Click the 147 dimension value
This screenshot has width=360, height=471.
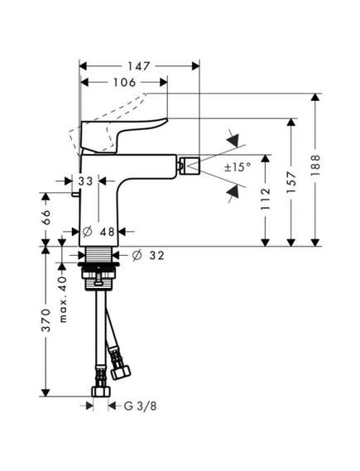click(x=139, y=66)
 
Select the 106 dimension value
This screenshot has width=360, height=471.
click(x=124, y=82)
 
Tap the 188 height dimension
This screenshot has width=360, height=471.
click(x=315, y=166)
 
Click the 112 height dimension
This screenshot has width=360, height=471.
click(x=266, y=199)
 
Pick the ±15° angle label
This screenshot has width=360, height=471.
click(x=238, y=166)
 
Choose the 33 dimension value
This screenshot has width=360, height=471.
click(x=86, y=181)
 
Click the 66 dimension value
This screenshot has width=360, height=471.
click(x=46, y=217)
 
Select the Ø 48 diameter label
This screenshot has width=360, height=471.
click(x=98, y=232)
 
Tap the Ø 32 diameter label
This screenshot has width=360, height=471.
click(x=148, y=256)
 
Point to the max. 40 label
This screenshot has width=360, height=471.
click(x=63, y=300)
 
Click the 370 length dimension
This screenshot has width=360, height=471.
click(x=46, y=320)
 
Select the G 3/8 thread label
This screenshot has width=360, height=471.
click(x=140, y=406)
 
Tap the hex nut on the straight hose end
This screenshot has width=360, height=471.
click(x=101, y=392)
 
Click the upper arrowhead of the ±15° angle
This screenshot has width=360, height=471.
click(x=233, y=139)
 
